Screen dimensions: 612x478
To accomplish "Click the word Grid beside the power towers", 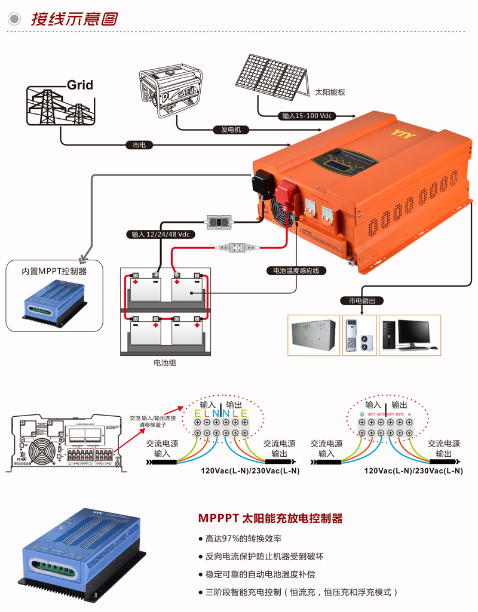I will point(80,85).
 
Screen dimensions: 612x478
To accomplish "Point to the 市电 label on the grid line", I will point(139,145).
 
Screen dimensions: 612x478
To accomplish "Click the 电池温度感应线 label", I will point(296,270).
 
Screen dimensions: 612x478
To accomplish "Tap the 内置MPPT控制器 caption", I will point(54,271).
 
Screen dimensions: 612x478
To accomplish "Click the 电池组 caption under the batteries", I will point(165,362).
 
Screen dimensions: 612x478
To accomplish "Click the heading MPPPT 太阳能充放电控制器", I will point(270,518).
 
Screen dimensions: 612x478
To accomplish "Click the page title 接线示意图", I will point(74,19).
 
